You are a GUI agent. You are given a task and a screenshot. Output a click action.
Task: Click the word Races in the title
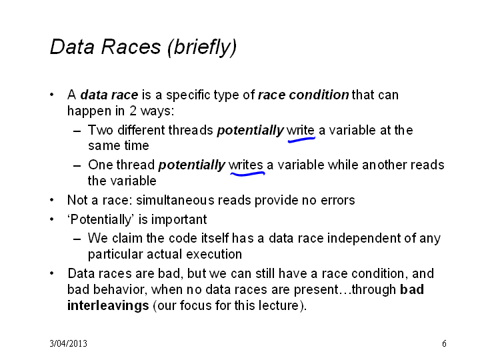click(131, 47)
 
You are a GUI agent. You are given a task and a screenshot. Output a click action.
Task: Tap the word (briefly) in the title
click(202, 47)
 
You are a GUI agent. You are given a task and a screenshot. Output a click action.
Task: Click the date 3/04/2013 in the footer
click(68, 343)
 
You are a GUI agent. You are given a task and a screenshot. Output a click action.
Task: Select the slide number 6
click(444, 343)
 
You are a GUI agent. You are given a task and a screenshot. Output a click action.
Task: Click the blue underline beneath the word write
click(301, 139)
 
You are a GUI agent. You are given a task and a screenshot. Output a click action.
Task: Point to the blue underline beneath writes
click(247, 174)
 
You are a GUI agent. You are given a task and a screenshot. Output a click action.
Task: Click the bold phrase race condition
click(303, 95)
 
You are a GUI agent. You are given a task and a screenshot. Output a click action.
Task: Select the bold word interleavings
click(108, 305)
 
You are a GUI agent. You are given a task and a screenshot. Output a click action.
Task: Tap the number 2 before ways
click(133, 111)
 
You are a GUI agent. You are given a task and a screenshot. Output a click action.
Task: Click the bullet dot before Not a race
click(52, 200)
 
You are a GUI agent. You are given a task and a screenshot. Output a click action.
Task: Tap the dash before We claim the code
click(77, 239)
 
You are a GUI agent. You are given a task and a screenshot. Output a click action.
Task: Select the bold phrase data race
click(109, 95)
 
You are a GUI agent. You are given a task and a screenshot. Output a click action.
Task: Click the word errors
click(337, 201)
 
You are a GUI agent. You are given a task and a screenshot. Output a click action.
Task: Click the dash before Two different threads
click(77, 131)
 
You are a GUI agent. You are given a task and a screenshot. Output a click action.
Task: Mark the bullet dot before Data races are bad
click(52, 273)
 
